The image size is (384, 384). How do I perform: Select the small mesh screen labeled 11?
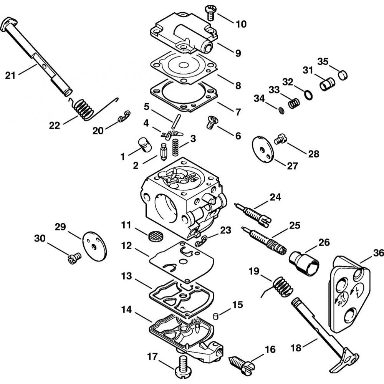[x=155, y=235]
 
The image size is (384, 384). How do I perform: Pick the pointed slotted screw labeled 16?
[x=241, y=361]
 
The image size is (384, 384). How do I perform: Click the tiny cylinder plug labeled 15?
[x=216, y=316]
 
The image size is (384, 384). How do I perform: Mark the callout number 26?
[x=324, y=243]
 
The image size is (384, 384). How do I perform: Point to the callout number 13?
[x=127, y=276]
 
